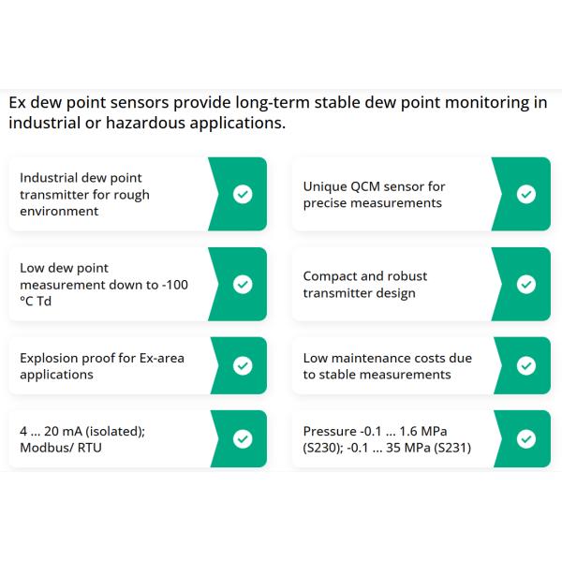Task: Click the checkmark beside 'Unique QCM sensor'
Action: (x=526, y=194)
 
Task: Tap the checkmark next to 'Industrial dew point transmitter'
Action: (x=243, y=194)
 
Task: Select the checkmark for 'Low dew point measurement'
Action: (x=243, y=284)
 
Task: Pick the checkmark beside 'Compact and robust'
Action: (x=526, y=284)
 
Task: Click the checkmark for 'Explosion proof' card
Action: (x=243, y=365)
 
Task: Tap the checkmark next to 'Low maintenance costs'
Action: (x=526, y=365)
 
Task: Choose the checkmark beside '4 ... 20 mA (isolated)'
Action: (x=243, y=438)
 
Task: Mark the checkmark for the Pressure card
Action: (x=526, y=438)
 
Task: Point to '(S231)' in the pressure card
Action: (x=447, y=448)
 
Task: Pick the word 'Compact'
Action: (x=330, y=276)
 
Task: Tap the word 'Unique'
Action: (x=324, y=186)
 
